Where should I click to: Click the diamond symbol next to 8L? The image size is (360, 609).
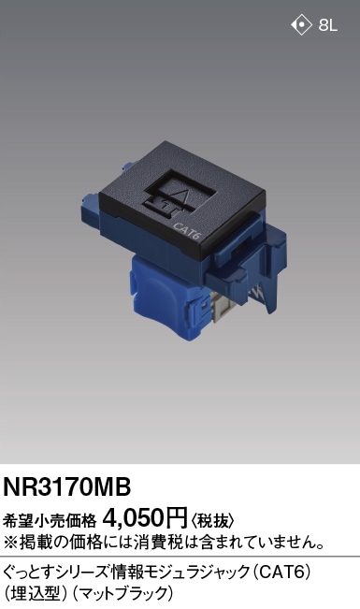point(301,25)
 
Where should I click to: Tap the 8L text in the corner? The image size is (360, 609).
point(327,25)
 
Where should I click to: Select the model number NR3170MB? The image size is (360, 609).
point(66,486)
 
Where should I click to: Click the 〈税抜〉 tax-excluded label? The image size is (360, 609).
point(211,520)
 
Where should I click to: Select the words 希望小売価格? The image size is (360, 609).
point(50,520)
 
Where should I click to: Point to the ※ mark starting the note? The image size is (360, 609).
point(10,543)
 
